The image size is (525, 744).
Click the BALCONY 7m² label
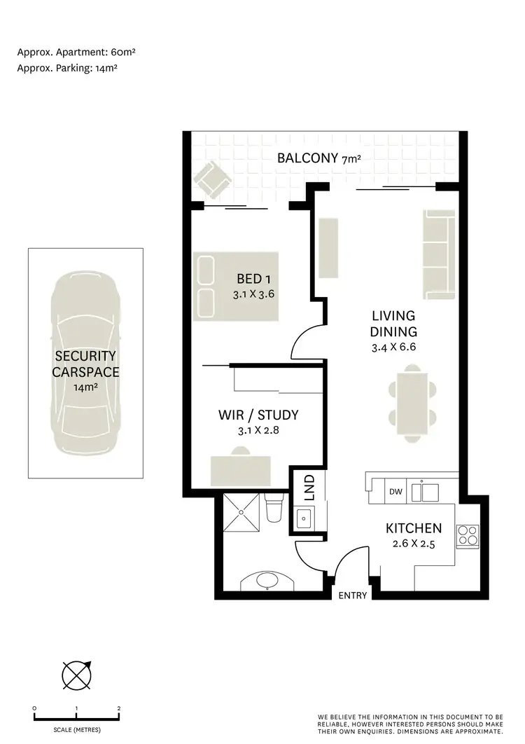coord(318,158)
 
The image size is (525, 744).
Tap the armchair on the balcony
coord(211,180)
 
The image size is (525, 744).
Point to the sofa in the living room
coord(438,253)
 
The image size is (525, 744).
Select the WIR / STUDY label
coord(258,415)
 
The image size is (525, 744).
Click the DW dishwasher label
coord(395,492)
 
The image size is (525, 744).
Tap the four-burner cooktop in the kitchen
coord(467,536)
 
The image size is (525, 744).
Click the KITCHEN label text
coord(414,528)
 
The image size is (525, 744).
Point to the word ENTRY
coord(352,595)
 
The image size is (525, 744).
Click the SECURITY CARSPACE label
coord(85,364)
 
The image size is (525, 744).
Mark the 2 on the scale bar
coord(119,708)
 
